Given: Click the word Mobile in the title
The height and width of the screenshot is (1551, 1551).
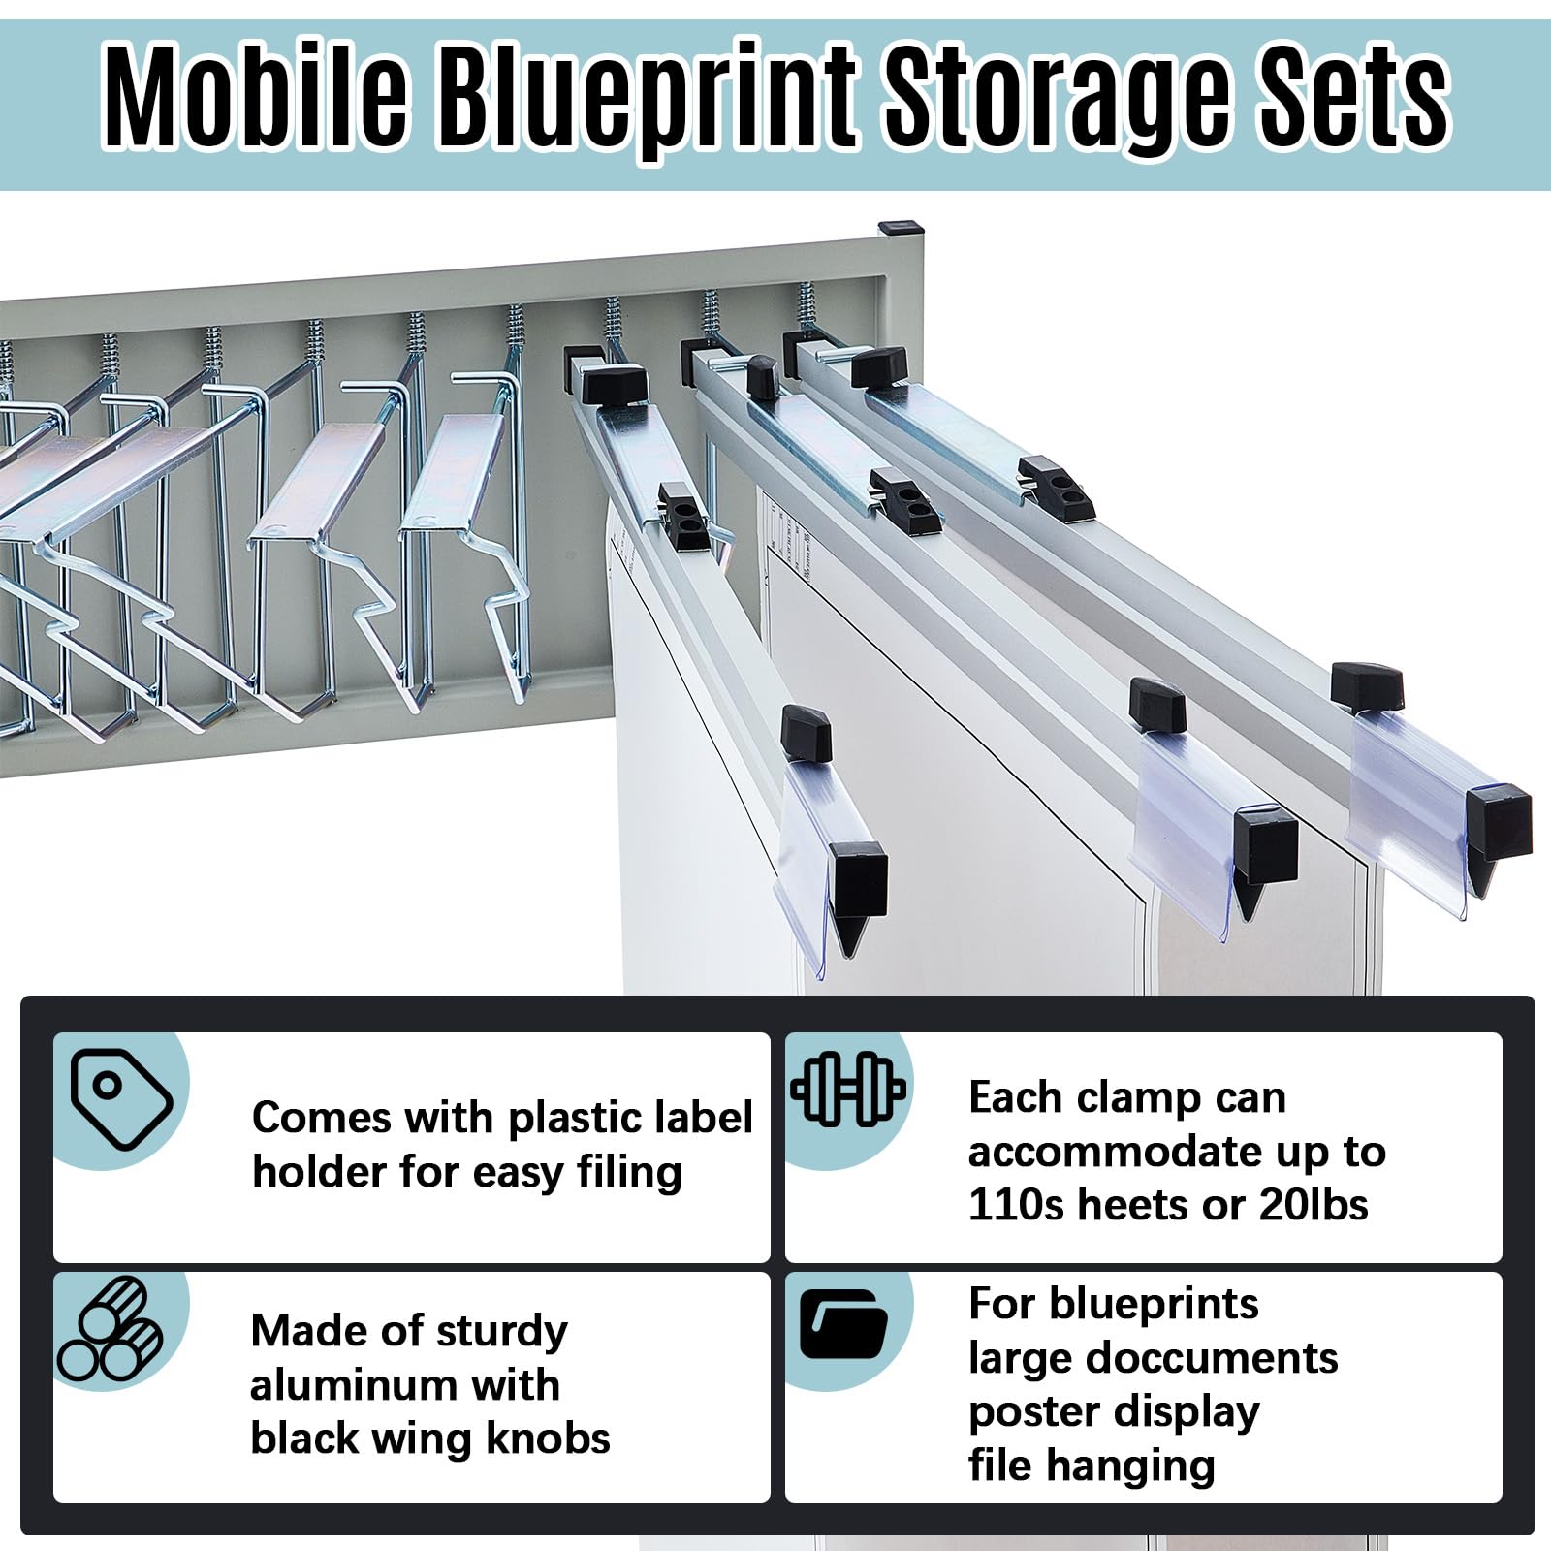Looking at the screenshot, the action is (x=256, y=97).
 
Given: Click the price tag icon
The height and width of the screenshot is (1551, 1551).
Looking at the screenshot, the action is (x=121, y=1100).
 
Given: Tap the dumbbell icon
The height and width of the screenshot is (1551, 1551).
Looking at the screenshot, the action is (x=849, y=1089).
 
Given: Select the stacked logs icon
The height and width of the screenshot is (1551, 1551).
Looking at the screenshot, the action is (x=110, y=1330).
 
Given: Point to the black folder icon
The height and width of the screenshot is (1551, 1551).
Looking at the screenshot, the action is (x=843, y=1324).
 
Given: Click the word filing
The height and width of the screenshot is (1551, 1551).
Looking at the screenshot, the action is (x=630, y=1173).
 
